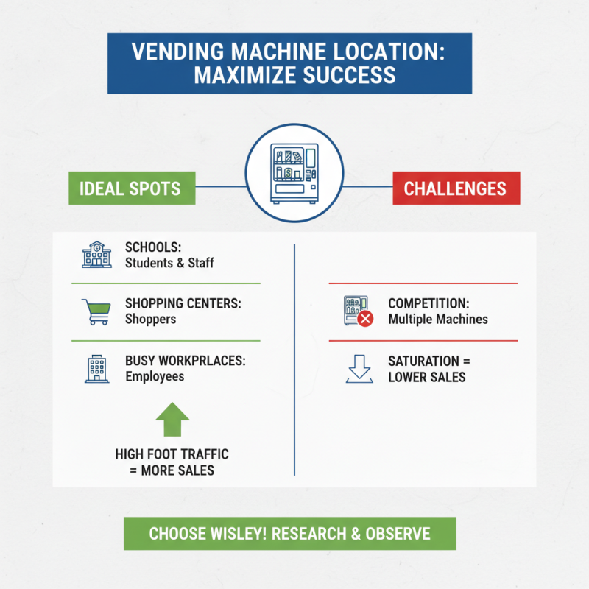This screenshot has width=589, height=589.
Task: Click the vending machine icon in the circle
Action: coord(294,174)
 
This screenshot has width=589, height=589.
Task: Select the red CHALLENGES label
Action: coord(455,188)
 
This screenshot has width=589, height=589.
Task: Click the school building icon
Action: coord(96,255)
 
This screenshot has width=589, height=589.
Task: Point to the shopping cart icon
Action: coord(96,311)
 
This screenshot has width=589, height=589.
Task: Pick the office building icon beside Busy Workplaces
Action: coord(96,370)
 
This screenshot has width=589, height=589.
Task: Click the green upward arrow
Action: coord(172,420)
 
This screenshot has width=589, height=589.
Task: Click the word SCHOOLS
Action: coord(152,247)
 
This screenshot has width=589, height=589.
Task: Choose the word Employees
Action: coord(155,377)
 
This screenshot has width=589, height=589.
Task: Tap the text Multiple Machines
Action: coord(438,320)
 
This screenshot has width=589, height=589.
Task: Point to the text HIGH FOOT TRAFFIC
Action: coord(172,454)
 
